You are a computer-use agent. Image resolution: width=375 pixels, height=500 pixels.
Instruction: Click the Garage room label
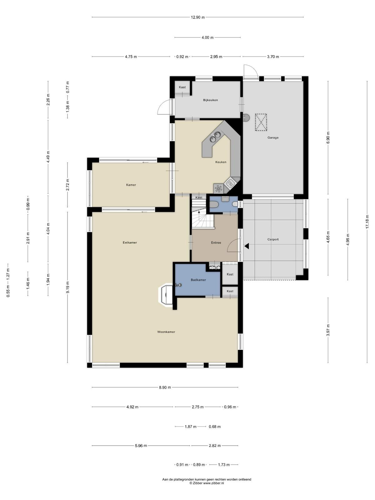tap(273, 137)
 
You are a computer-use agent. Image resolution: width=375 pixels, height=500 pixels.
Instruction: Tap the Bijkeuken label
tap(210, 100)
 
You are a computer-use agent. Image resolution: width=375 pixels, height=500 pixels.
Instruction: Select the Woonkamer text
tap(166, 332)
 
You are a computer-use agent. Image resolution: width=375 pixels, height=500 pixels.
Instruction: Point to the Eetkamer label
tap(130, 242)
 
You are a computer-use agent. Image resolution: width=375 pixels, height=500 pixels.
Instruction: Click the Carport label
tap(273, 239)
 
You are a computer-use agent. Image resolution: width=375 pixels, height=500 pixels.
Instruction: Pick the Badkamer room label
tap(198, 280)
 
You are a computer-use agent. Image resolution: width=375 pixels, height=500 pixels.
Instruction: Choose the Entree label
tap(216, 243)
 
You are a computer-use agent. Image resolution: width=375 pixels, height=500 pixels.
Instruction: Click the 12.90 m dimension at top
tap(197, 17)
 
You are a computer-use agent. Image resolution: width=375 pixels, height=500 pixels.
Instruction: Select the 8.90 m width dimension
tap(165, 387)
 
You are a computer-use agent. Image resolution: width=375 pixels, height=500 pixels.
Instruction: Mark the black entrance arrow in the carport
tap(247, 246)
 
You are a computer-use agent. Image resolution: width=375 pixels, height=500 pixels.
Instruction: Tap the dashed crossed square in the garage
tap(261, 122)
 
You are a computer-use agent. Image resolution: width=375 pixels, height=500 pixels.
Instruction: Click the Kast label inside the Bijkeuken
tap(182, 87)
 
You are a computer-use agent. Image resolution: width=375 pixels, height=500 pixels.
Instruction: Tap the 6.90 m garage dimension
tap(328, 137)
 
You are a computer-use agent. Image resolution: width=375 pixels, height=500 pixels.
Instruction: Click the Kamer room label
tap(131, 185)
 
